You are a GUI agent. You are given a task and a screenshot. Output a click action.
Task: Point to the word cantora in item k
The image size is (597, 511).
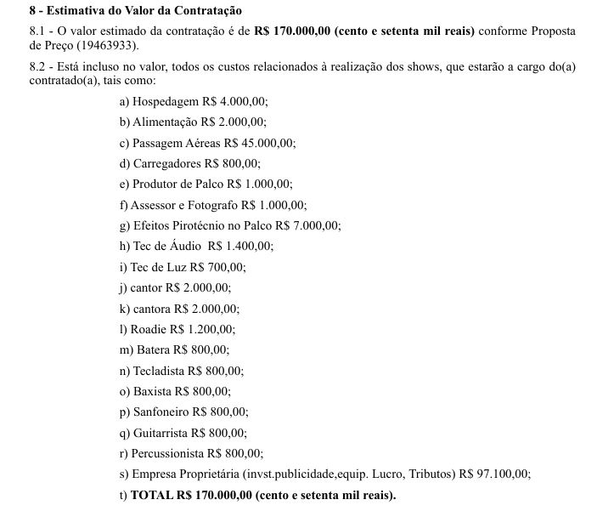[149, 308]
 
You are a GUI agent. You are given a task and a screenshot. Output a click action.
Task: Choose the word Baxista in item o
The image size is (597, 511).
[151, 391]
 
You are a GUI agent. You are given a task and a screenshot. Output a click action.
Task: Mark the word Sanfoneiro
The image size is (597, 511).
[161, 412]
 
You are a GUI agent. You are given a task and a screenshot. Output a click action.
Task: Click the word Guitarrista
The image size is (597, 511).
[161, 433]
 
